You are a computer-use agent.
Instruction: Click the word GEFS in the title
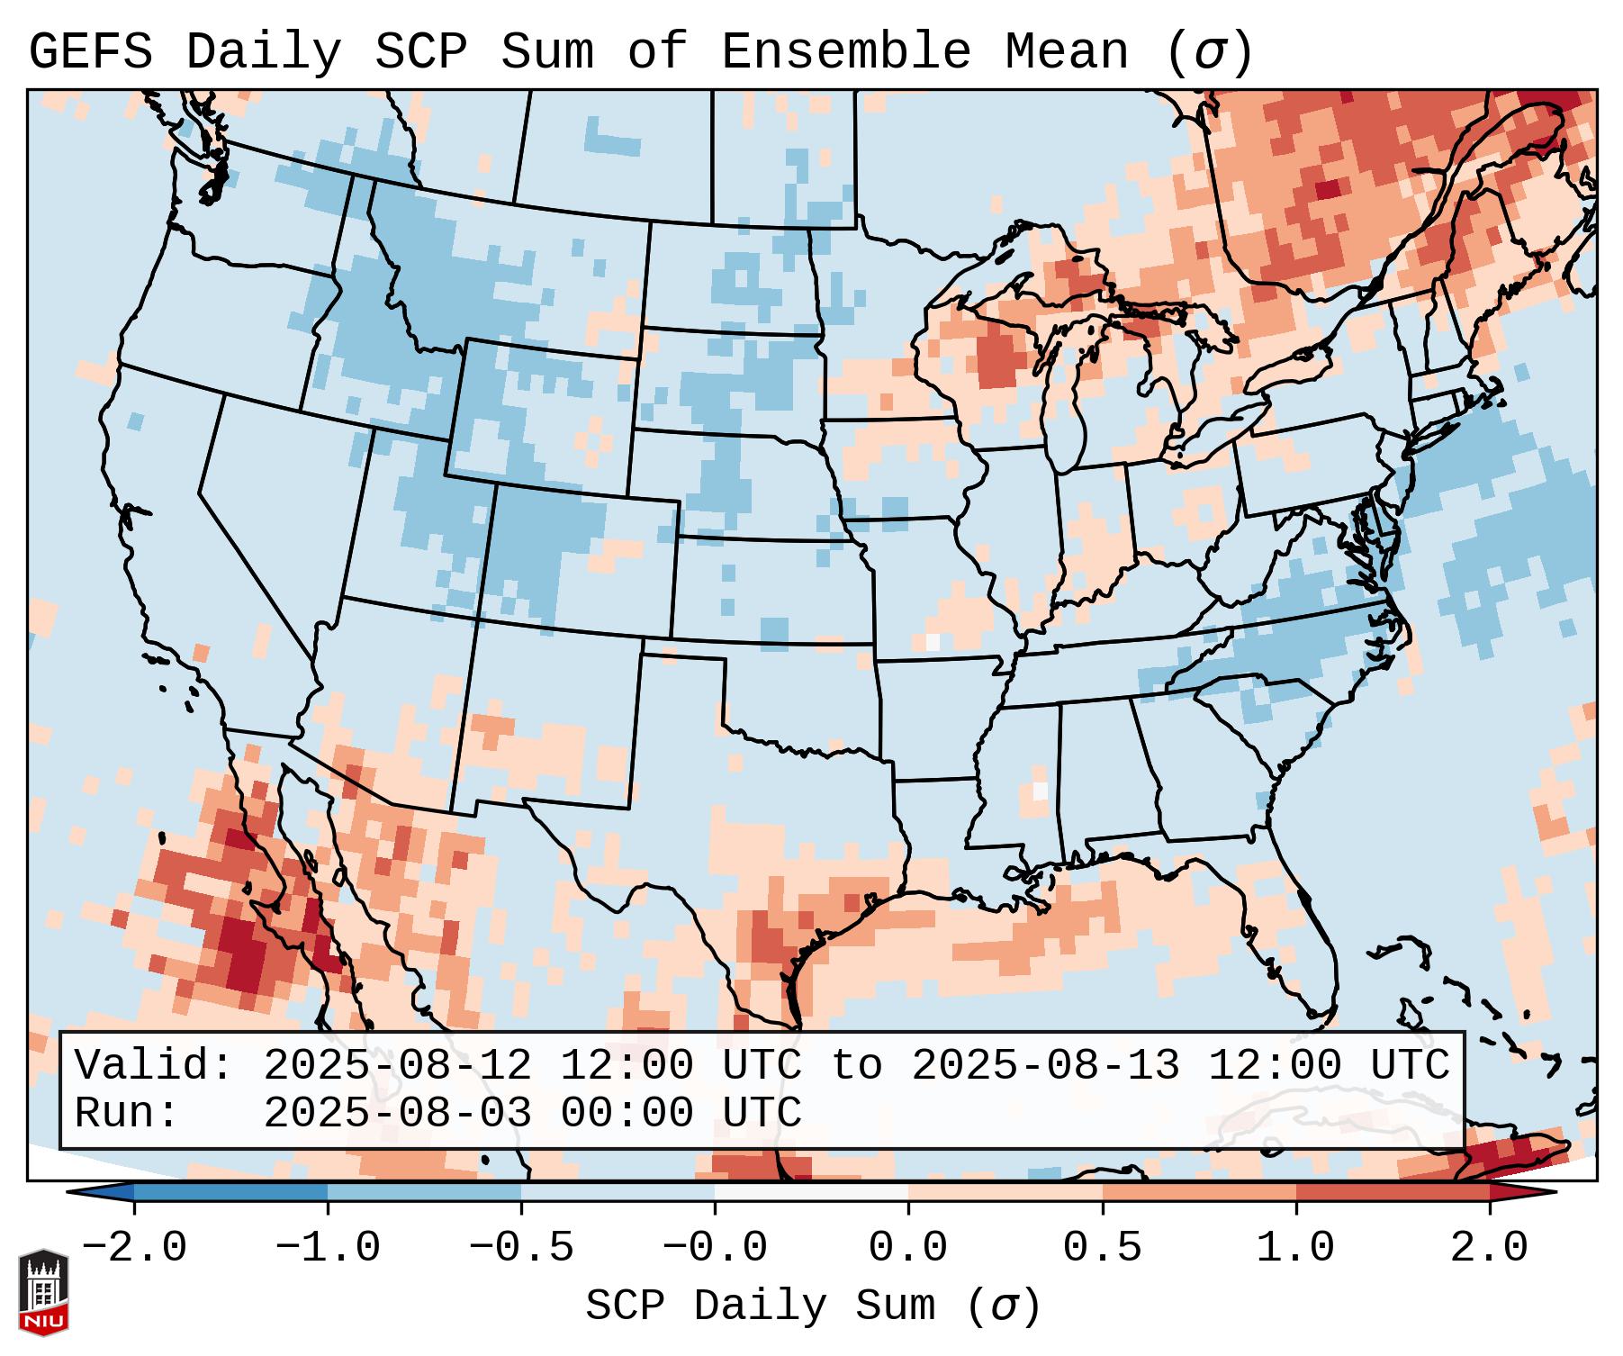tap(90, 52)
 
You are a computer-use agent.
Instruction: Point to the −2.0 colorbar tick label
tap(134, 1248)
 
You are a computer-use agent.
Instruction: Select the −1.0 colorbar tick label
tap(328, 1248)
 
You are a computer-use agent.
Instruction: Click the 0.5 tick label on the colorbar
tap(1102, 1248)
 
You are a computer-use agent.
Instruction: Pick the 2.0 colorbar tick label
tap(1489, 1248)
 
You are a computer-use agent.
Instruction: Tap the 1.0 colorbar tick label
tap(1295, 1248)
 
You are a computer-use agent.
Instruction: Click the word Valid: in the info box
tap(154, 1066)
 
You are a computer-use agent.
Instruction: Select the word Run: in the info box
tap(127, 1113)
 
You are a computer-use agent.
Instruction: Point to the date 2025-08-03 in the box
tap(397, 1113)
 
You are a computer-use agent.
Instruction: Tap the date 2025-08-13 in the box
tap(1045, 1066)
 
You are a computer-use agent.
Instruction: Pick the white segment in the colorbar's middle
tap(811, 1192)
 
